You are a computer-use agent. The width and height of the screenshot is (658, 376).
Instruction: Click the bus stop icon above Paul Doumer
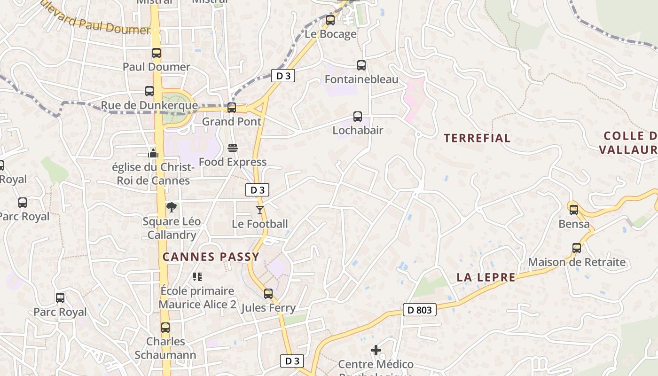(x=157, y=53)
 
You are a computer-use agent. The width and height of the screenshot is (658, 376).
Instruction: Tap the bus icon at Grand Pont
(x=231, y=108)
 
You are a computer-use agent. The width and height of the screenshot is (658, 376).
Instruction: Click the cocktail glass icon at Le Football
(x=260, y=210)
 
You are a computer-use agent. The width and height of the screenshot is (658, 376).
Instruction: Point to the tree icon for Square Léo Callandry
(x=172, y=207)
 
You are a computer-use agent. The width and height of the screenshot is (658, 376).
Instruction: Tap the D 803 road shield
(x=420, y=310)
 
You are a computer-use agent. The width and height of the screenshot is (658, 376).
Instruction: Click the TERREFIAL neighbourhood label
(x=477, y=138)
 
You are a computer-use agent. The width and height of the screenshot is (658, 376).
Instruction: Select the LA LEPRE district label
(x=486, y=277)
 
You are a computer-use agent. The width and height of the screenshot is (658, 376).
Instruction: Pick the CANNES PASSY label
(x=211, y=257)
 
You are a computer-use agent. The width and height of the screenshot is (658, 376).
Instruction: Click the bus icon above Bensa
(x=573, y=210)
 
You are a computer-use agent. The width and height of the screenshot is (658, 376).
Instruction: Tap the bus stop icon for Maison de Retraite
(x=577, y=248)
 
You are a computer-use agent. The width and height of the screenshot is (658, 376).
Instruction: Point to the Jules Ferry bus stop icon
(x=268, y=294)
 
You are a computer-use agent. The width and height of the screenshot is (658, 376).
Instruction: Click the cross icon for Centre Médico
(x=376, y=350)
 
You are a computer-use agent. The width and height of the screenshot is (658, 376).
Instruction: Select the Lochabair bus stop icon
(x=358, y=116)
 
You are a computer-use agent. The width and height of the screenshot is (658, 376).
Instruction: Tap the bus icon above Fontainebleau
(x=361, y=65)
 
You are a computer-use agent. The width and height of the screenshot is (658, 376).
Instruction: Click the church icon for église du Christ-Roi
(x=153, y=153)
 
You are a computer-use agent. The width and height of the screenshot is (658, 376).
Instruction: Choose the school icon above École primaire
(x=197, y=277)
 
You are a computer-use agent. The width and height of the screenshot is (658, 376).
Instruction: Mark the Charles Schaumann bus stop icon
(x=165, y=327)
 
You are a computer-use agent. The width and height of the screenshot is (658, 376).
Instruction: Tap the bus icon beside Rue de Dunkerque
(x=149, y=91)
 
